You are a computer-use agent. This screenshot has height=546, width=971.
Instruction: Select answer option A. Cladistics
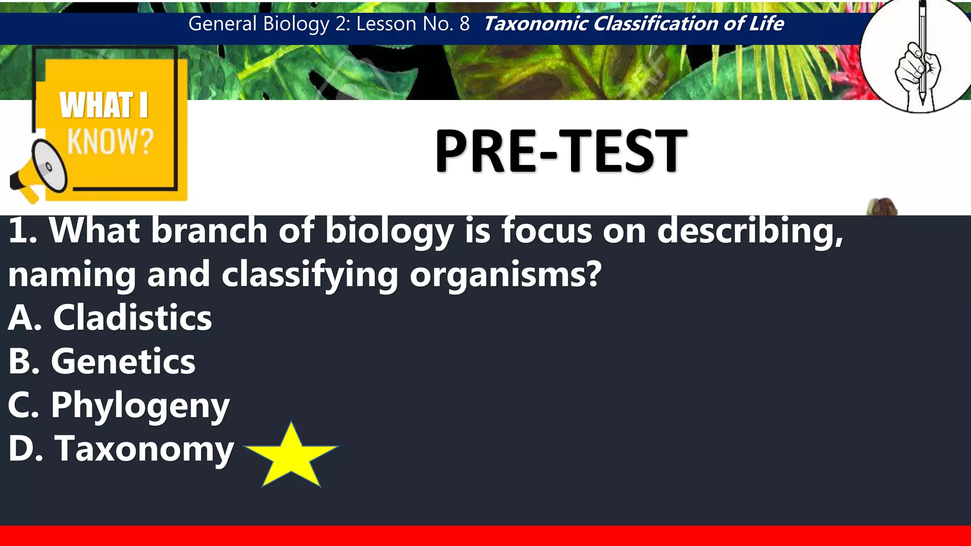110,318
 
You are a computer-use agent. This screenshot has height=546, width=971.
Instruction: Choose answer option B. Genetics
102,361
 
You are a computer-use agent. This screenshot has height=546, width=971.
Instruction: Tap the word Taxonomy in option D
145,448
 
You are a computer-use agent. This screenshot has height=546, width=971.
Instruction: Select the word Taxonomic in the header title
535,24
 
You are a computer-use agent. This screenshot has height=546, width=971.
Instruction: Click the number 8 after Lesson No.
464,24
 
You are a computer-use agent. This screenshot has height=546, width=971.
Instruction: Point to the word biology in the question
389,232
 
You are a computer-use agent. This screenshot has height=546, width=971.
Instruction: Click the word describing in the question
750,232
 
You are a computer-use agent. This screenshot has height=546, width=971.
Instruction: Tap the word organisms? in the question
505,274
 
